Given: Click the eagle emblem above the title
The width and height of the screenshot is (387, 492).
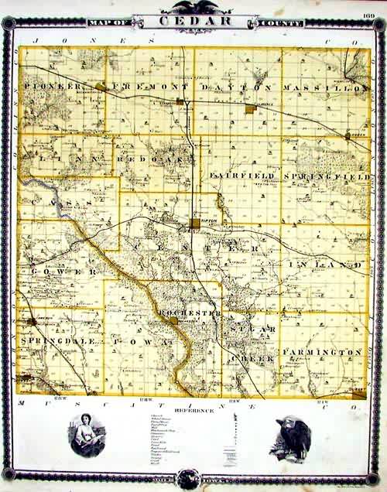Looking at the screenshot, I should [194, 7].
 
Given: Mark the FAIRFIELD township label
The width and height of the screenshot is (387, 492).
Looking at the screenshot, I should [242, 176].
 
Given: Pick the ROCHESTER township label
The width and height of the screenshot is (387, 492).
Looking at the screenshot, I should [190, 312].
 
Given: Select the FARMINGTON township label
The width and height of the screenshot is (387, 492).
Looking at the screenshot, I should [323, 352].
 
